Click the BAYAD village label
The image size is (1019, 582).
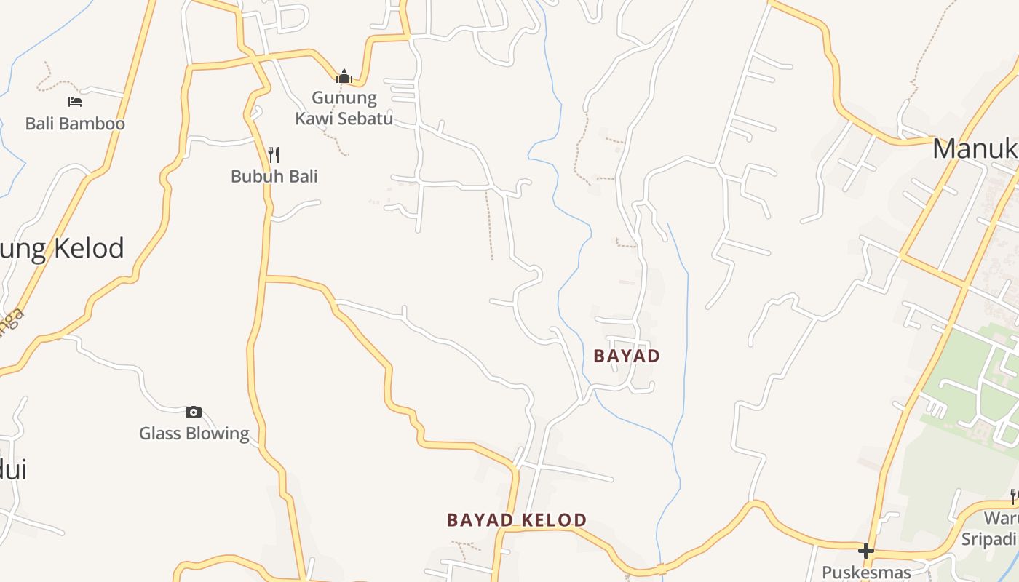click(627, 356)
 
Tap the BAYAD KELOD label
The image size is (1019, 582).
click(516, 520)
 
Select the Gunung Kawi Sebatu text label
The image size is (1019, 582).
click(344, 108)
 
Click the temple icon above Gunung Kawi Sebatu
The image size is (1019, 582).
click(344, 76)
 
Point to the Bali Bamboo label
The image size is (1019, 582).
click(75, 124)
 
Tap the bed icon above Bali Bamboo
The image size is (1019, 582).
click(74, 102)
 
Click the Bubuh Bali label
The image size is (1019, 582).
click(274, 176)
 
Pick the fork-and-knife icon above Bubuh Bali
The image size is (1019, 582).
click(274, 154)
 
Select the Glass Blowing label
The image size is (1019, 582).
click(194, 434)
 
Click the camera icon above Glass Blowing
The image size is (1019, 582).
click(194, 412)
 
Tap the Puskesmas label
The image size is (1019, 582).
click(866, 573)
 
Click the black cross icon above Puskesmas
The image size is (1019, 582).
click(865, 551)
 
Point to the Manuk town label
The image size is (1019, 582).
click(975, 149)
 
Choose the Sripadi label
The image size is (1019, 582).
click(988, 539)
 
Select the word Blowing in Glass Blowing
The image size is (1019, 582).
click(215, 434)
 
